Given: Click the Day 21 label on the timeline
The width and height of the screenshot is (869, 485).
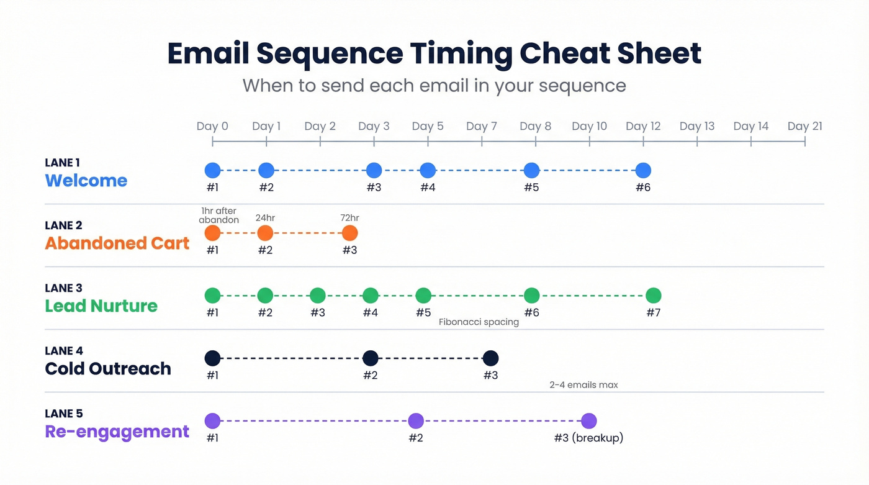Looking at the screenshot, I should pos(804,126).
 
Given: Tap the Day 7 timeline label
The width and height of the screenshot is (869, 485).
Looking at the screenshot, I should pos(481,126).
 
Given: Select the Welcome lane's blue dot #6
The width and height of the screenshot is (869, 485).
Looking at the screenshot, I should pos(643,170).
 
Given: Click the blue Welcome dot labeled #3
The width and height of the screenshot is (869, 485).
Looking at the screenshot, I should pos(374,170).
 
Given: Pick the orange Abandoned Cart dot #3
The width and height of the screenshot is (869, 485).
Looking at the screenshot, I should pos(349,233).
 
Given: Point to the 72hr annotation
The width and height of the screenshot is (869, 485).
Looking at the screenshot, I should pos(349,218).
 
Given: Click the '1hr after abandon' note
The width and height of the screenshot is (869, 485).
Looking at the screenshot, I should pos(219,215).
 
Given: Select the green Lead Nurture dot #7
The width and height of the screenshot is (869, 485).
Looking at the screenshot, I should pos(653,296).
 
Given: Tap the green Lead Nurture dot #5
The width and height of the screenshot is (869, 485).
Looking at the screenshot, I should pos(423,296).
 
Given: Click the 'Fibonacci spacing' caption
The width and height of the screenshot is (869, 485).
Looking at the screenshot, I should pos(479,322).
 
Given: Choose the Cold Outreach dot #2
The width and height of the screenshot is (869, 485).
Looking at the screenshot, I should pos(370,358).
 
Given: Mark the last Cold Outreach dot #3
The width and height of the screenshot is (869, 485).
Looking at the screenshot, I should pos(490,358).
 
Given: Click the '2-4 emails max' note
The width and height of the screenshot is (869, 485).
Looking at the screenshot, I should pos(583,385).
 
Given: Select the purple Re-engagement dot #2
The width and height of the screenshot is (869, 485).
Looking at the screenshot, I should pos(416,421).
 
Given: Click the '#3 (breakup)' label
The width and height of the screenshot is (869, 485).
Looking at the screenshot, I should pos(588,438).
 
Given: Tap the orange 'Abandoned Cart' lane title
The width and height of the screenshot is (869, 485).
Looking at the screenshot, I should pos(117,243).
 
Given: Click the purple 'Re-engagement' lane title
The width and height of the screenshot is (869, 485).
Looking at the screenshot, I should pos(117,432).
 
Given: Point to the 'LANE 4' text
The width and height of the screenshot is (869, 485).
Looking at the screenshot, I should pos(63,351).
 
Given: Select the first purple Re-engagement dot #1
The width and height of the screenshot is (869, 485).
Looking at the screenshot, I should pos(212,421).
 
